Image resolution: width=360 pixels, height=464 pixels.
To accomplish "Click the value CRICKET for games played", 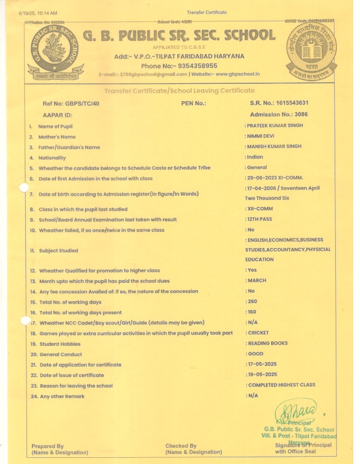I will tap(258, 333).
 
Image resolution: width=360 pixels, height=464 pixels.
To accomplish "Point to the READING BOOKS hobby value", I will tap(268, 343).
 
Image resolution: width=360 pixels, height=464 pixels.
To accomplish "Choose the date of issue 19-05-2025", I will tap(263, 375).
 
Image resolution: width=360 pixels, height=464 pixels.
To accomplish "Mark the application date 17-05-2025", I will tap(263, 364).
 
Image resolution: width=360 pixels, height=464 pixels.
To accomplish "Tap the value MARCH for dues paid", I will tap(256, 281).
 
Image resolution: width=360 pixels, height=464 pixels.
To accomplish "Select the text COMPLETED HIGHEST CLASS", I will tap(281, 385).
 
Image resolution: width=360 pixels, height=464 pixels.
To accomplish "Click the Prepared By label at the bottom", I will tap(48, 446).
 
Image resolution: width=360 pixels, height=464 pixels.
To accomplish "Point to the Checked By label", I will tap(181, 446).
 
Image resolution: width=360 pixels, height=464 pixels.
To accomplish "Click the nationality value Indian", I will tap(255, 157).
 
